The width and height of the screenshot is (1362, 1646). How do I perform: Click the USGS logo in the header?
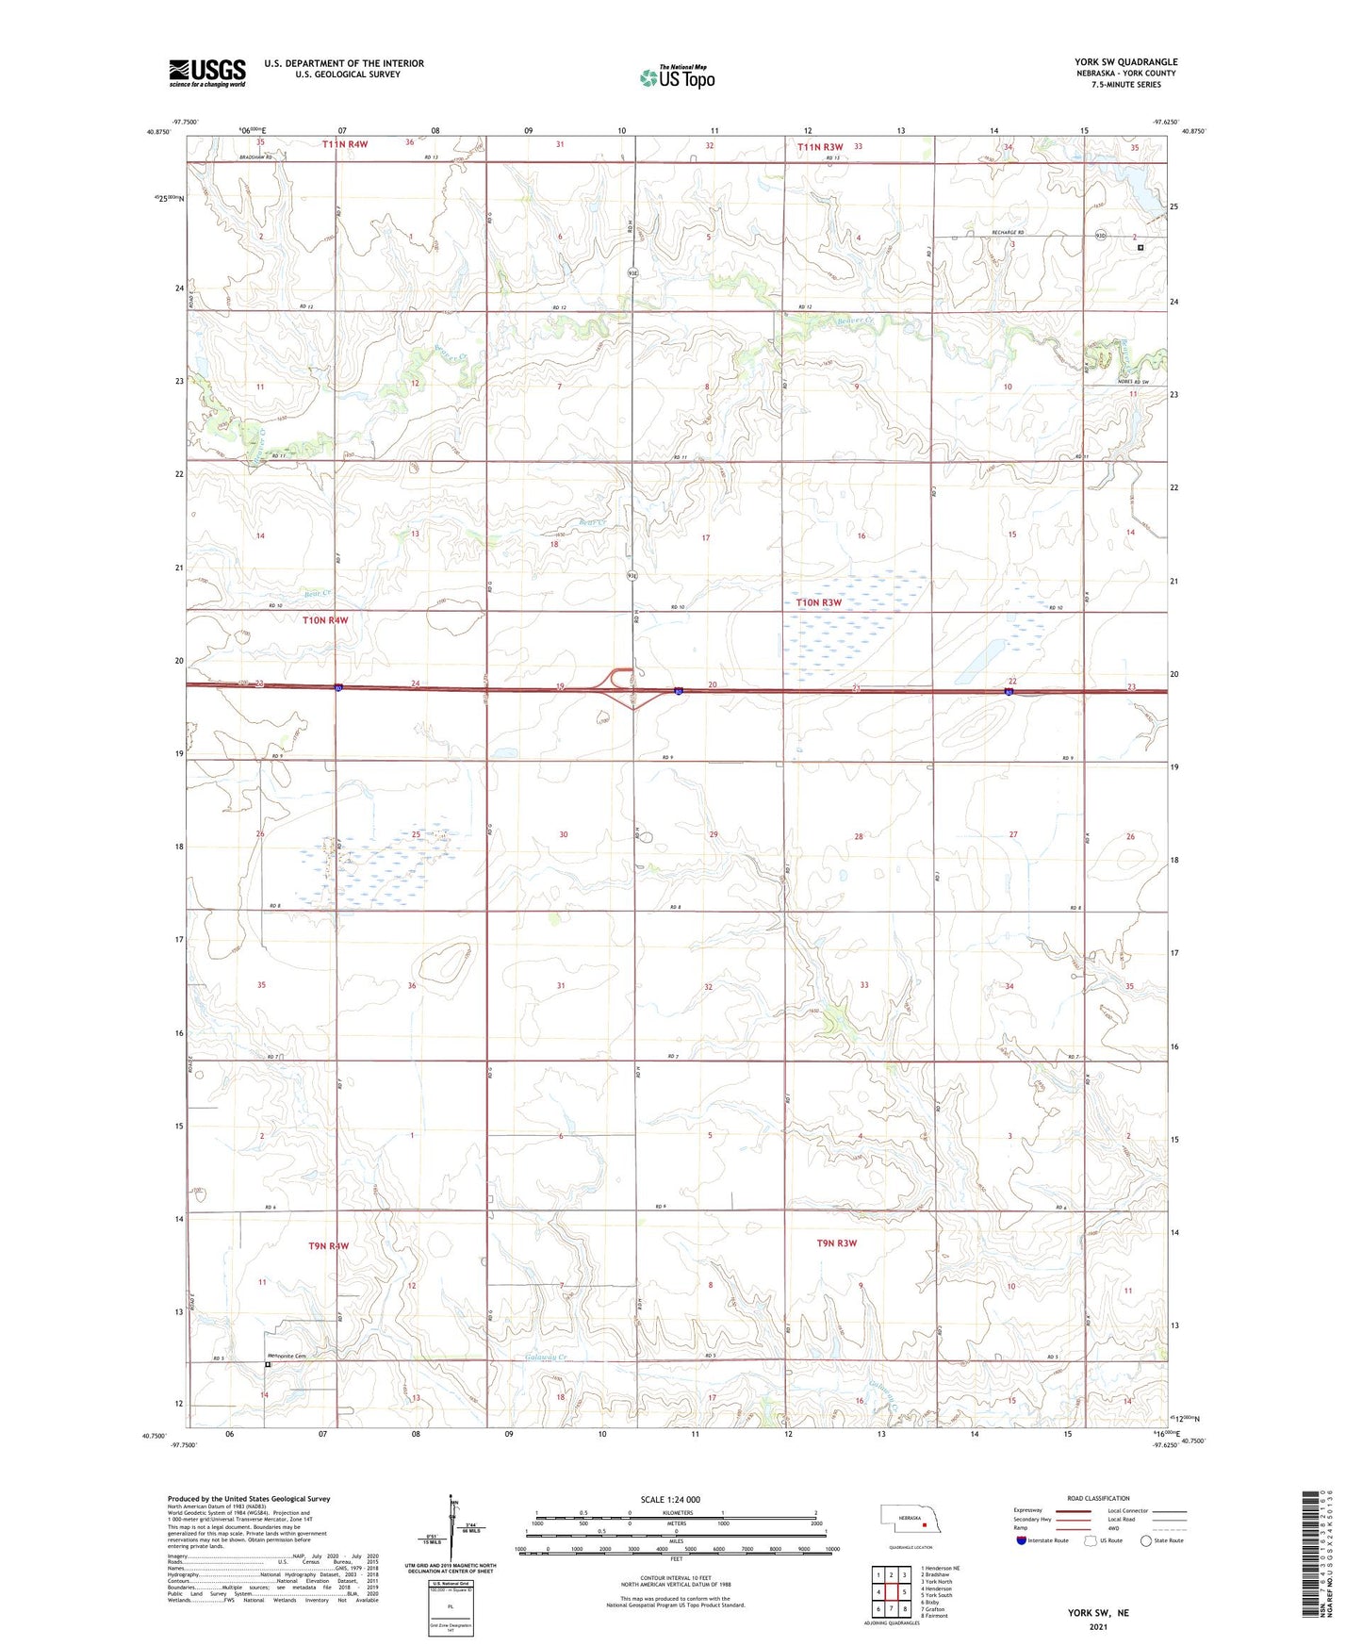[x=206, y=73]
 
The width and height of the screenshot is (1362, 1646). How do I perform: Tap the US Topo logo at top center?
[x=677, y=77]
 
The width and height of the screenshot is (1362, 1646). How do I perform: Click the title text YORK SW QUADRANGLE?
[x=1125, y=62]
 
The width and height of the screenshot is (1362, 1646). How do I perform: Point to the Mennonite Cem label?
[x=287, y=1356]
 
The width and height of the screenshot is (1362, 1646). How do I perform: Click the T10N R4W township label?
[x=325, y=620]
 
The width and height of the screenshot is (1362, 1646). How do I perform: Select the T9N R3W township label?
[x=836, y=1243]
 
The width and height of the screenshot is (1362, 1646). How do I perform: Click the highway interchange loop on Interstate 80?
[x=622, y=677]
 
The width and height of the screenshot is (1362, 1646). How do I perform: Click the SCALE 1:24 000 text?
[x=670, y=1499]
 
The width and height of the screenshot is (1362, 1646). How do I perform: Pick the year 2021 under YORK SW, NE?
[x=1098, y=1626]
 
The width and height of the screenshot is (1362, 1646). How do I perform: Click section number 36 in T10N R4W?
[x=412, y=986]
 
